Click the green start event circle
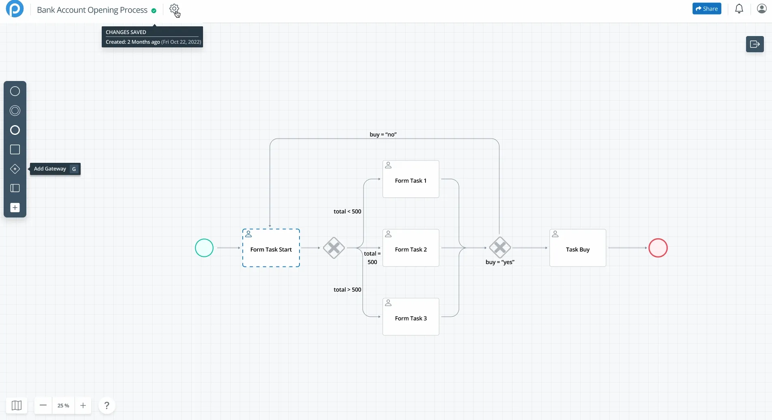[204, 248]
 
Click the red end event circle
[658, 248]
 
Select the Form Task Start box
[271, 248]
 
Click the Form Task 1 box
[411, 179]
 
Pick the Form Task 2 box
[411, 248]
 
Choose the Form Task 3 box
[411, 317]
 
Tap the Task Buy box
[577, 248]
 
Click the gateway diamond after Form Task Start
[334, 248]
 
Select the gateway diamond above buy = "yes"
[500, 247]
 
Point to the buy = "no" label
[383, 134]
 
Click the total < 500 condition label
[347, 211]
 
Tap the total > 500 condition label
[347, 290]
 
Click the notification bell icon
[739, 9]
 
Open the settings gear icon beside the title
[174, 9]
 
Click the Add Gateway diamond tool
[15, 169]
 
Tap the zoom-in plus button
[83, 405]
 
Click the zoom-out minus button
[43, 405]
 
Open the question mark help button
[107, 405]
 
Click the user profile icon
[761, 9]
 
